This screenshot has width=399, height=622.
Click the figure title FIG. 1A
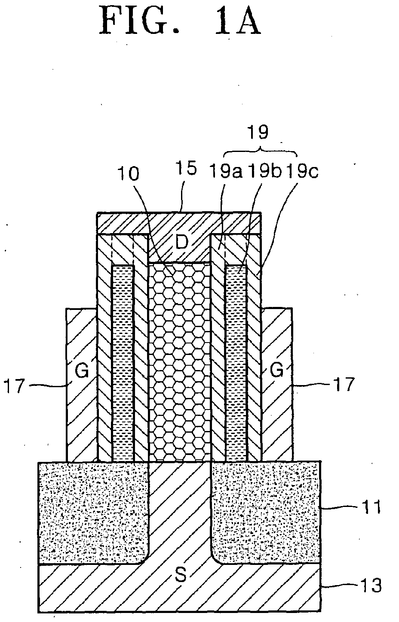[180, 21]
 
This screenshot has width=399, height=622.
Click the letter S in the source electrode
[181, 574]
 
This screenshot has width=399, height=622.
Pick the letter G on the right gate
[276, 369]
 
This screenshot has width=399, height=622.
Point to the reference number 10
[128, 174]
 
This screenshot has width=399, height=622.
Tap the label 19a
[226, 171]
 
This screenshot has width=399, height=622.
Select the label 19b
[265, 171]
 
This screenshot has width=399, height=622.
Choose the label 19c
[303, 171]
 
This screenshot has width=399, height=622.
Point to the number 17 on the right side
[344, 384]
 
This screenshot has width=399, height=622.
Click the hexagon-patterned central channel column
[179, 362]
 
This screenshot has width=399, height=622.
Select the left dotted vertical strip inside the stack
[123, 364]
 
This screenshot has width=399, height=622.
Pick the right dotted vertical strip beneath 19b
[236, 364]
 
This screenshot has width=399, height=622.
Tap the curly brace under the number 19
[261, 152]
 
